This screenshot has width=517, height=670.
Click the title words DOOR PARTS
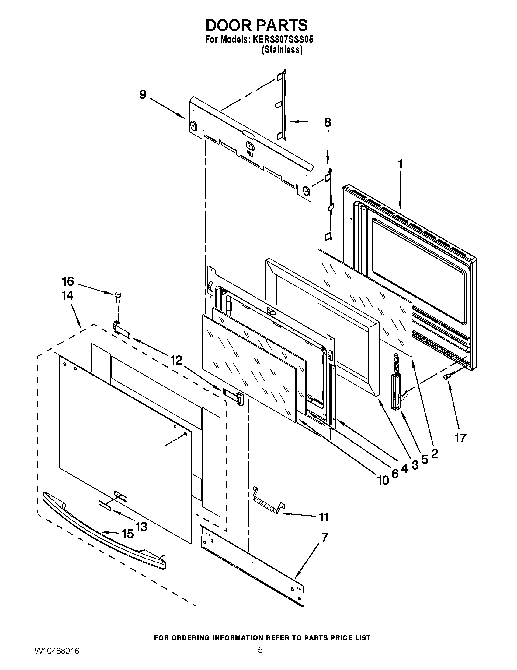256,25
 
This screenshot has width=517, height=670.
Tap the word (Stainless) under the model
282,50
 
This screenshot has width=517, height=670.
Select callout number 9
143,95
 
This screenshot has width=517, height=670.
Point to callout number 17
460,438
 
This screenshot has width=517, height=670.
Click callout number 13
141,527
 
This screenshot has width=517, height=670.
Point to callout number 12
176,360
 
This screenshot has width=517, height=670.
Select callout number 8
328,122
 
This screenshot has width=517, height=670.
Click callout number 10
383,480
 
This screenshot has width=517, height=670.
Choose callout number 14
68,295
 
